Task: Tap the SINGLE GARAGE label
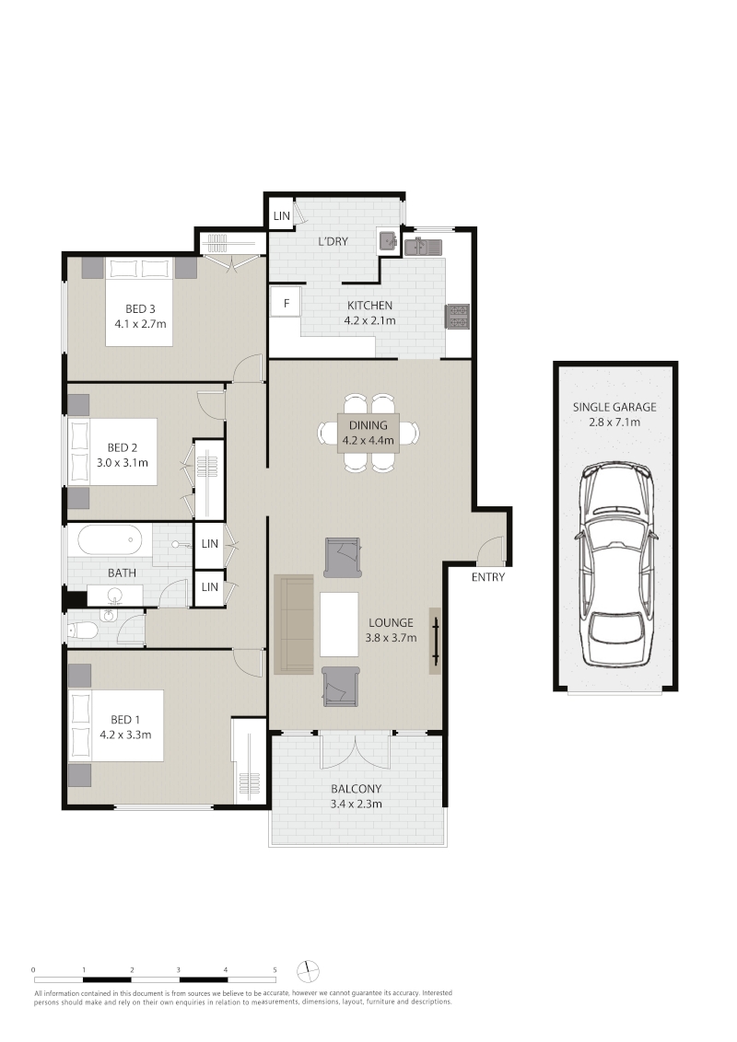pyautogui.click(x=614, y=407)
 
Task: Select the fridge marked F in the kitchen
pyautogui.click(x=286, y=303)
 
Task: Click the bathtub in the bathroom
pyautogui.click(x=111, y=539)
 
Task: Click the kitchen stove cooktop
pyautogui.click(x=458, y=317)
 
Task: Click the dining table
pyautogui.click(x=368, y=433)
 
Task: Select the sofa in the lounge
pyautogui.click(x=293, y=624)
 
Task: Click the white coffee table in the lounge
pyautogui.click(x=339, y=624)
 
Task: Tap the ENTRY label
pyautogui.click(x=488, y=577)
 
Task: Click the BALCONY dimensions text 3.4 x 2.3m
pyautogui.click(x=357, y=805)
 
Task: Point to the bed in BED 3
pyautogui.click(x=139, y=302)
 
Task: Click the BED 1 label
pyautogui.click(x=125, y=719)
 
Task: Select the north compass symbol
pyautogui.click(x=308, y=971)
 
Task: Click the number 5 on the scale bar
pyautogui.click(x=275, y=970)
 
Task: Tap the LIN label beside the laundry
pyautogui.click(x=281, y=216)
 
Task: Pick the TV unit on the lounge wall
pyautogui.click(x=435, y=641)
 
